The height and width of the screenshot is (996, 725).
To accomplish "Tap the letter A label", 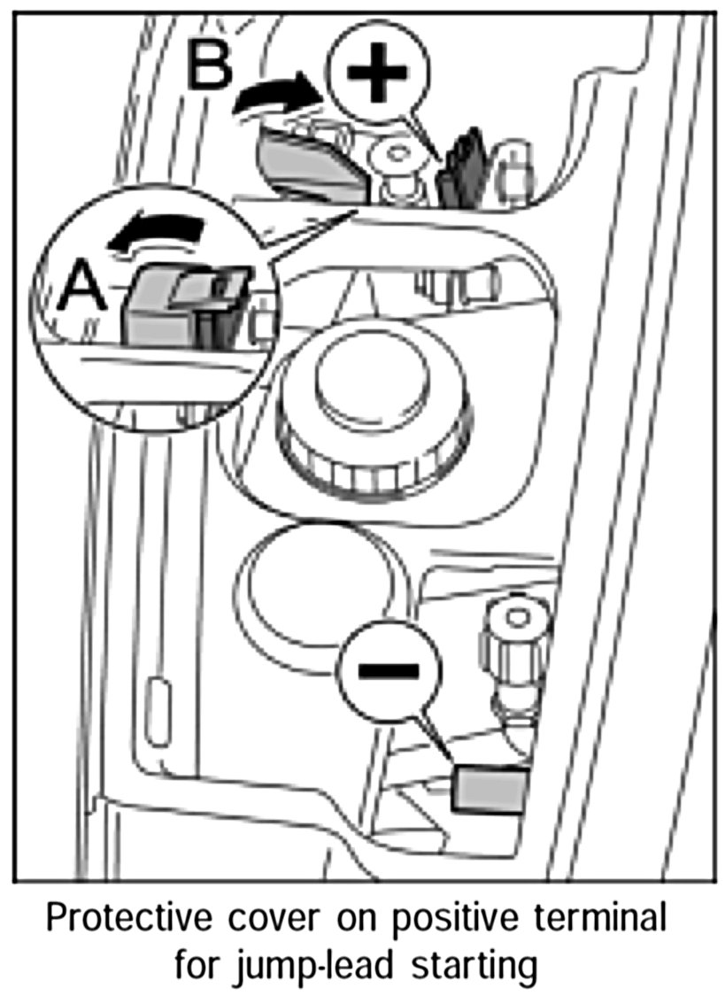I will coord(84,288).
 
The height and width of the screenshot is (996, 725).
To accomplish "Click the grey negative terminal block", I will coord(490,788).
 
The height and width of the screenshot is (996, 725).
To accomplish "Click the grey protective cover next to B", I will coord(310,164).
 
